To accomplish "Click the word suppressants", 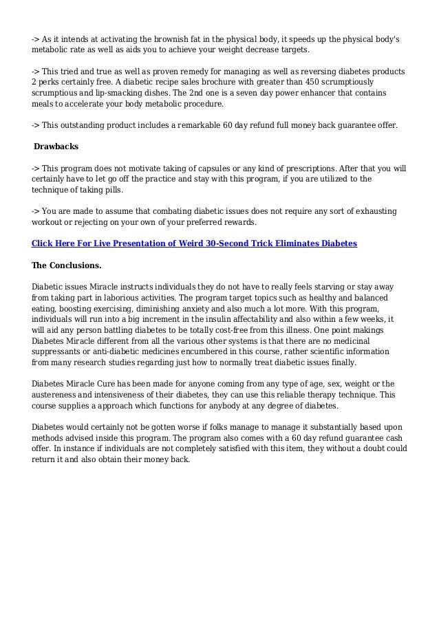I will coord(60,352).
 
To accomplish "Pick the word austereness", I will coord(59,395).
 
